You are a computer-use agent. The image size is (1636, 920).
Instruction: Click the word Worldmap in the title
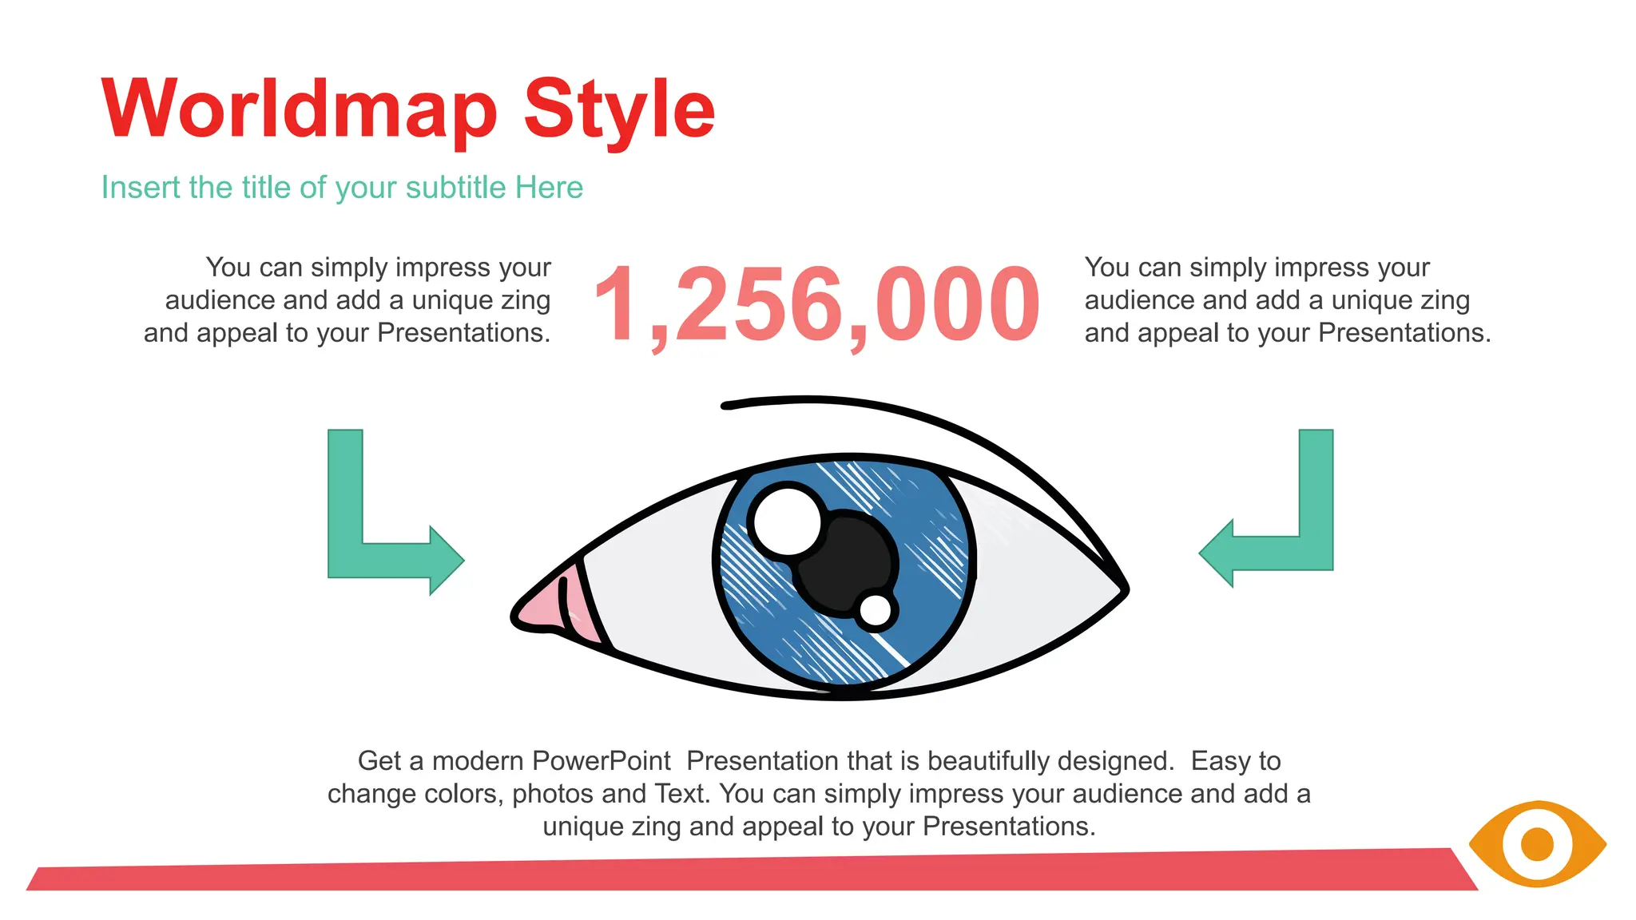click(x=300, y=109)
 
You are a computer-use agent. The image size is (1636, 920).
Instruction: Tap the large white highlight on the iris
click(x=788, y=521)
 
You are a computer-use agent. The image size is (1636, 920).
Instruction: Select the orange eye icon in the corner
click(x=1537, y=844)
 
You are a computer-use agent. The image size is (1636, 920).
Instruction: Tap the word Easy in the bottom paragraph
click(x=1220, y=761)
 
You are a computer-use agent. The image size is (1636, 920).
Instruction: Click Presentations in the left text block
click(x=463, y=333)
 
